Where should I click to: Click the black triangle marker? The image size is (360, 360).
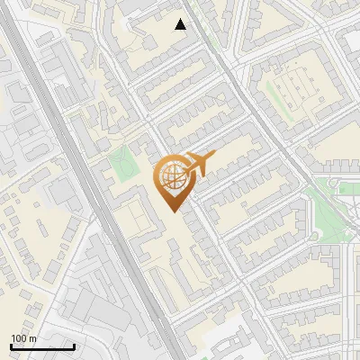181,24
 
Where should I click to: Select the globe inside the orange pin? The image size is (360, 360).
171,178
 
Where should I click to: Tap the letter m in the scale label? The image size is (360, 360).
33,338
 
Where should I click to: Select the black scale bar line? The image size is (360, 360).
42,346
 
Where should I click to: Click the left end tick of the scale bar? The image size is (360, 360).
12,346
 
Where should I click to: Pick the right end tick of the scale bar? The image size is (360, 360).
74,346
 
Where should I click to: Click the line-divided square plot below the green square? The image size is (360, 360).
135,217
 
